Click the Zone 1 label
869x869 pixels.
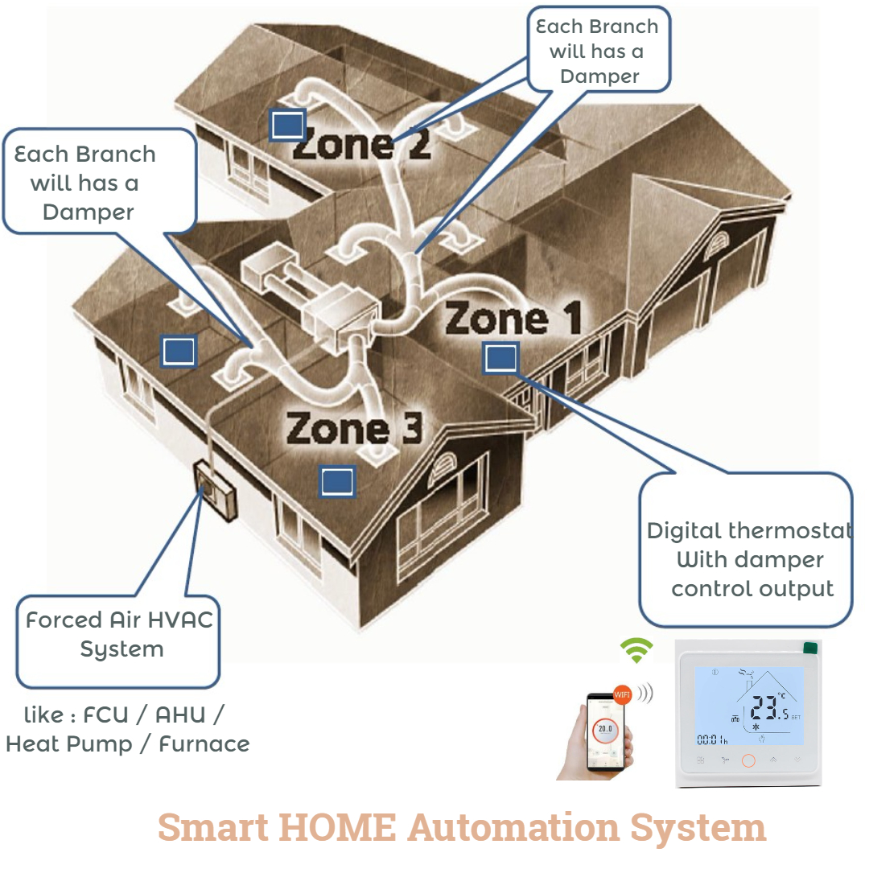click(513, 319)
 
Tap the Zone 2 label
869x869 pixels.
click(361, 145)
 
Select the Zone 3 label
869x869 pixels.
click(354, 428)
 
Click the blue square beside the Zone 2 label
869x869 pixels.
click(287, 126)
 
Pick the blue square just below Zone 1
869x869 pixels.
click(500, 357)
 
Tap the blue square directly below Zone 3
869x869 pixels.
click(336, 481)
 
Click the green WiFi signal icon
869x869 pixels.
click(636, 649)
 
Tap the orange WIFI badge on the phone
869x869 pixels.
click(622, 694)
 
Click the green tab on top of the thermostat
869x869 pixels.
click(810, 646)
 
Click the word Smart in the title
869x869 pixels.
click(212, 826)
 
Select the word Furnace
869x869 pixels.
click(204, 744)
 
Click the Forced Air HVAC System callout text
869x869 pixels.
click(119, 635)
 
